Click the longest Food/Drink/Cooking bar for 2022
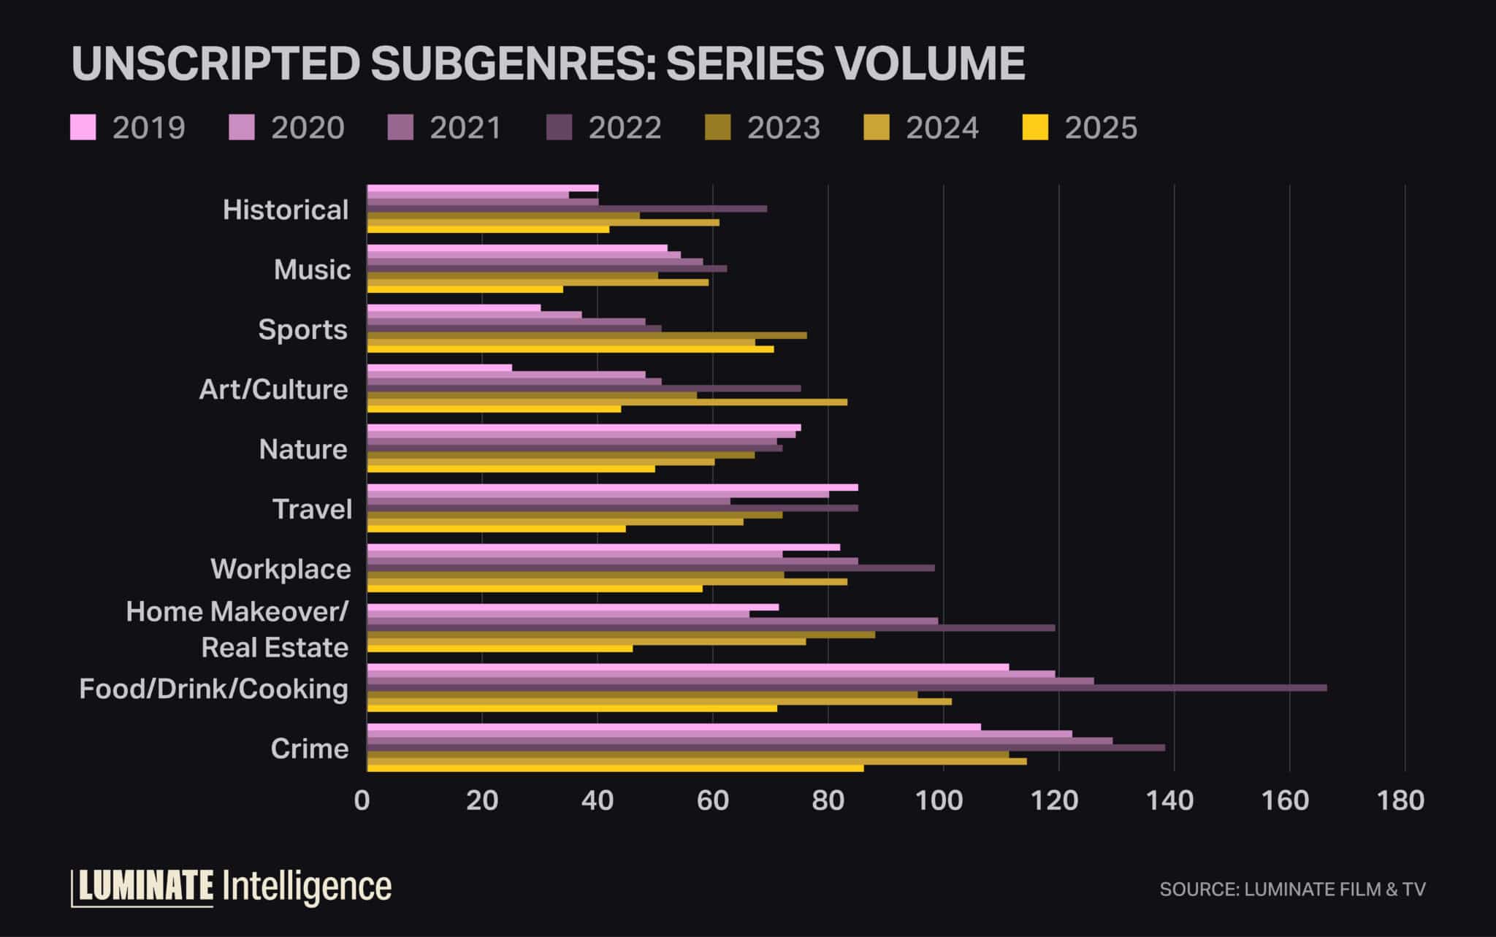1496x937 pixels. click(847, 688)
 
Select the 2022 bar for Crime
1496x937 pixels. click(766, 748)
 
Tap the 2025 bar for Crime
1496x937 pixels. click(615, 768)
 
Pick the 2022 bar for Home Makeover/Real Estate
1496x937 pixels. click(711, 628)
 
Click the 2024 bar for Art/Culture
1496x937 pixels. click(607, 402)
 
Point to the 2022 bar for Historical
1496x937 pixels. click(567, 209)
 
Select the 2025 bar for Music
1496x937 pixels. click(465, 289)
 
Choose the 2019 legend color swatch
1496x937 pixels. click(83, 127)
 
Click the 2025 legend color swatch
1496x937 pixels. click(1035, 127)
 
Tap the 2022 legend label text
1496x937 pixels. click(625, 128)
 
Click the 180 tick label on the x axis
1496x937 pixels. click(1400, 800)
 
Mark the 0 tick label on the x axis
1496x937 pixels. click(362, 800)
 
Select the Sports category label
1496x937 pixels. click(302, 330)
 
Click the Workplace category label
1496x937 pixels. click(280, 569)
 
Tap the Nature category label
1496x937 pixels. click(303, 449)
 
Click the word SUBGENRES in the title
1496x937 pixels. click(508, 63)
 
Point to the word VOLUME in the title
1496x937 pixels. click(930, 63)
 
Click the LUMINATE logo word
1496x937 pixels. click(146, 887)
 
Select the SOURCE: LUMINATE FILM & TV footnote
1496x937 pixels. click(1292, 889)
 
